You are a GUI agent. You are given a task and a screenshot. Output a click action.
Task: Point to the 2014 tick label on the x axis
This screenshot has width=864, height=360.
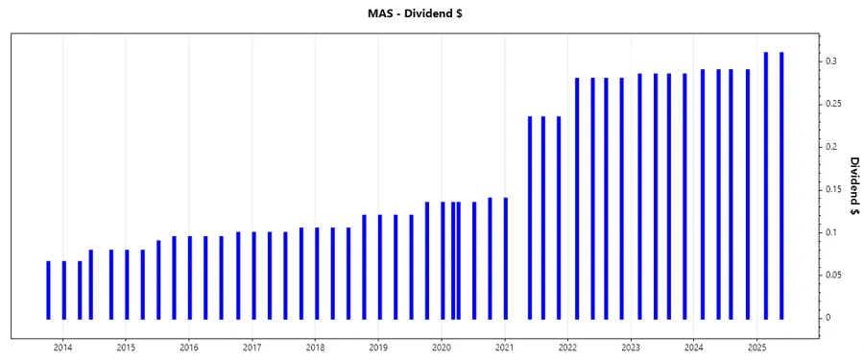point(62,347)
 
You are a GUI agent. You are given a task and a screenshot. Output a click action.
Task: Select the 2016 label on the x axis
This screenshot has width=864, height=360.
point(189,347)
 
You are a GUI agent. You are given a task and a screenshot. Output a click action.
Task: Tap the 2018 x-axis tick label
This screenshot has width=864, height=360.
point(315,347)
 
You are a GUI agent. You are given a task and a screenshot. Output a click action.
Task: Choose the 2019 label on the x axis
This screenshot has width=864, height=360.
point(378,347)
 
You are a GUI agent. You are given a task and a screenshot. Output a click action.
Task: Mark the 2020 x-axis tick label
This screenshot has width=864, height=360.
point(442,347)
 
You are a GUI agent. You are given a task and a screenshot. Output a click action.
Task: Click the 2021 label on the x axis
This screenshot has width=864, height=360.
point(505,347)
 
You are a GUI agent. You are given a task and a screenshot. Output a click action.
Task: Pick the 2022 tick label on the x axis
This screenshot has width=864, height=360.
point(567,347)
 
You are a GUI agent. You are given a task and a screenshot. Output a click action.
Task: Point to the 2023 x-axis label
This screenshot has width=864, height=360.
point(631,347)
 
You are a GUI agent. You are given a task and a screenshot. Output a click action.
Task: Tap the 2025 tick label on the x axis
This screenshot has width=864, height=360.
point(757,347)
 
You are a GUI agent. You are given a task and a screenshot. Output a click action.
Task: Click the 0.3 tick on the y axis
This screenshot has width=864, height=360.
point(830,61)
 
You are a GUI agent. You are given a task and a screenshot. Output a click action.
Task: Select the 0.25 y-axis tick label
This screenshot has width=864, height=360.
point(832,104)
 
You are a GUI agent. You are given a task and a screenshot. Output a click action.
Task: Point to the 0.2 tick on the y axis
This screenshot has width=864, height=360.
point(830,147)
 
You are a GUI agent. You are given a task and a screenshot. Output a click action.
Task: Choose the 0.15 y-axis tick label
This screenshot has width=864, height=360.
point(832,190)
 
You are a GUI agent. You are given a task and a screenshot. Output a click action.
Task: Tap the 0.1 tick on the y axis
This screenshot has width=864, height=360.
point(830,233)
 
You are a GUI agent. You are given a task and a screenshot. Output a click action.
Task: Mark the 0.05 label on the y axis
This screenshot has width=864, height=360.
point(832,276)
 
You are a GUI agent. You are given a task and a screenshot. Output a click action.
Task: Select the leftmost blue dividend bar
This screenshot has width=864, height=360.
point(48,289)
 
